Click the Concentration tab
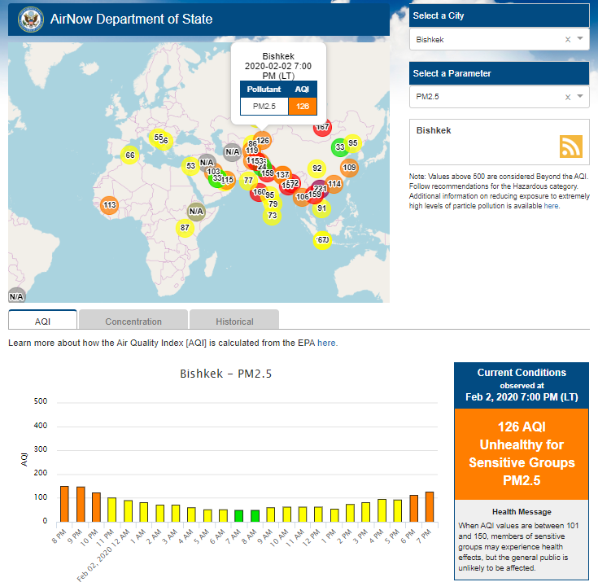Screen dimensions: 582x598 pyautogui.click(x=133, y=322)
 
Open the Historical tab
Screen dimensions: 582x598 pyautogui.click(x=234, y=322)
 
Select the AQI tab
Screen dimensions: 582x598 pyautogui.click(x=43, y=322)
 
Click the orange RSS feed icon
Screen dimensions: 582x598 pyautogui.click(x=571, y=146)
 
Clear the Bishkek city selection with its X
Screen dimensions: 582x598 pyautogui.click(x=567, y=39)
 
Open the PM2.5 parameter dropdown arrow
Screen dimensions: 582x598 pyautogui.click(x=580, y=96)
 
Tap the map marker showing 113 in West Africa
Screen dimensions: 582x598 pyautogui.click(x=110, y=204)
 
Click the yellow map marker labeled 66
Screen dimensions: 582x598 pyautogui.click(x=130, y=155)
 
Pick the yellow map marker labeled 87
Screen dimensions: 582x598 pyautogui.click(x=186, y=227)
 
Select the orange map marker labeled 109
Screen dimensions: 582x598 pyautogui.click(x=349, y=168)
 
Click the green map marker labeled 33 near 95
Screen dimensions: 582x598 pyautogui.click(x=339, y=147)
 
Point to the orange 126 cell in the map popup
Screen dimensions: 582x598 pyautogui.click(x=303, y=106)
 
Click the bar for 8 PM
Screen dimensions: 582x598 pyautogui.click(x=64, y=504)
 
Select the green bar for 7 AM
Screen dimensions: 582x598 pyautogui.click(x=238, y=515)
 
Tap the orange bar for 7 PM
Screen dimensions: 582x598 pyautogui.click(x=429, y=506)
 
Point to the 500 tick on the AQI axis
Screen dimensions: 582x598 pyautogui.click(x=41, y=401)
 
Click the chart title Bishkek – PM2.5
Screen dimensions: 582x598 pyautogui.click(x=225, y=374)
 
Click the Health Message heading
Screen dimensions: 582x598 pyautogui.click(x=521, y=511)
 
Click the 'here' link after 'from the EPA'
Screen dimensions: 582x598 pyautogui.click(x=326, y=343)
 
